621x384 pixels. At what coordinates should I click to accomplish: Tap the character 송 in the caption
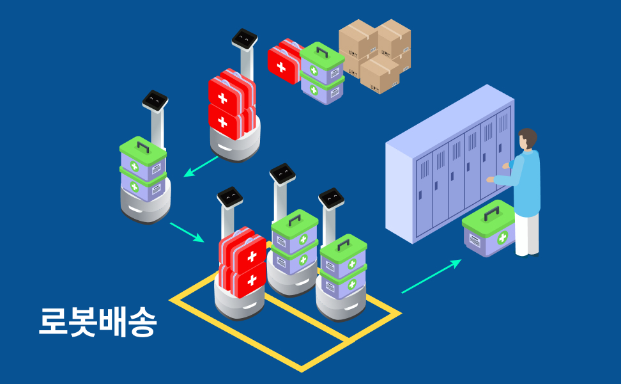(142, 323)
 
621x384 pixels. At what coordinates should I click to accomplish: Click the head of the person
(527, 139)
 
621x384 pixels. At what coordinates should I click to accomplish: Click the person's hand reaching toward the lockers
(491, 180)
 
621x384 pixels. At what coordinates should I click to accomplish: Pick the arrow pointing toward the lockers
(431, 276)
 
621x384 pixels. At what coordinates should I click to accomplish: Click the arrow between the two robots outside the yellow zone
(201, 165)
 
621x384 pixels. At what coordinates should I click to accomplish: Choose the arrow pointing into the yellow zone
(187, 232)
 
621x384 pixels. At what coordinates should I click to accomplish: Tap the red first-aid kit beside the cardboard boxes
(283, 63)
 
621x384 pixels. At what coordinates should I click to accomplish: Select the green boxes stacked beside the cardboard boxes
(322, 73)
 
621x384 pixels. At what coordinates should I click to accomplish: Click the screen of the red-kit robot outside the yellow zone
(244, 39)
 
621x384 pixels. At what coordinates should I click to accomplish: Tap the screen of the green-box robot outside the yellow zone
(155, 100)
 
